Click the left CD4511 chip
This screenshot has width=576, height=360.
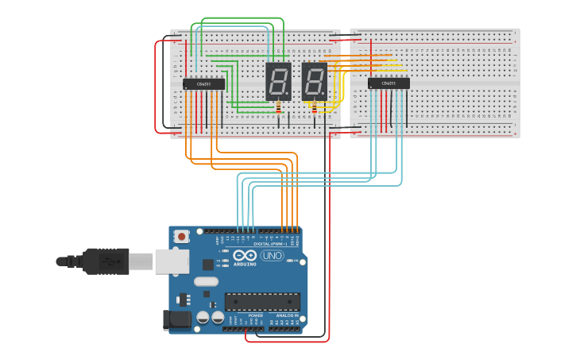pos(203,84)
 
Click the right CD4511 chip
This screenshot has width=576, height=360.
pos(389,83)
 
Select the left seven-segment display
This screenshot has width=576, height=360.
pos(277,81)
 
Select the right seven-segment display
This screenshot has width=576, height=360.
pos(314,81)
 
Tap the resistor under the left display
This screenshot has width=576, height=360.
pos(278,109)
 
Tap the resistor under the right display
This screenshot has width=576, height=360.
pos(315,109)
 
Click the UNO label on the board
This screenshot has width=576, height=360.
pos(272,256)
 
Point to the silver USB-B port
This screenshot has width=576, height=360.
pos(172,261)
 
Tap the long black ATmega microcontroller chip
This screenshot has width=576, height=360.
pos(262,301)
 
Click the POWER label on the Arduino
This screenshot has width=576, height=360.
pos(255,315)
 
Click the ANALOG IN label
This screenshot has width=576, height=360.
pos(287,315)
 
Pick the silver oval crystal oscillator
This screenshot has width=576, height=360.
pos(206,281)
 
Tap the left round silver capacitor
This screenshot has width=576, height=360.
pos(203,317)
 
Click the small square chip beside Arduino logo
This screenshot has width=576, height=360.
pos(208,264)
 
